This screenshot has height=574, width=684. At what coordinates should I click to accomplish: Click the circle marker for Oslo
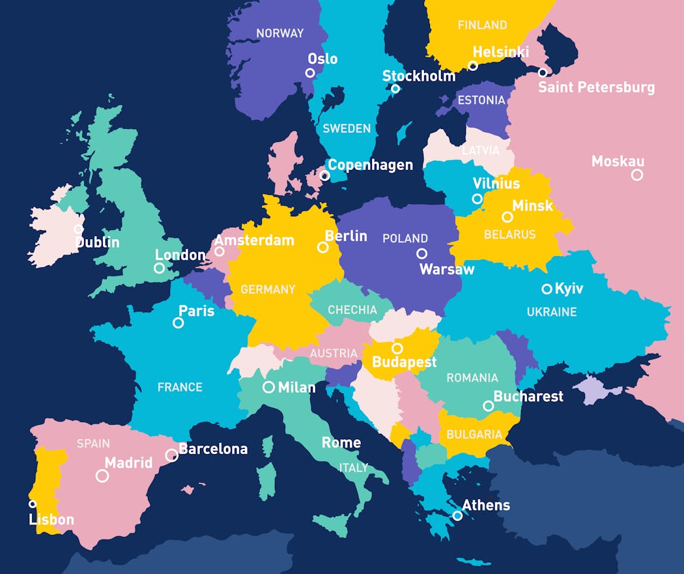coord(311,73)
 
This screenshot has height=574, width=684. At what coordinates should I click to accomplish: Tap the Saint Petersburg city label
coord(596,87)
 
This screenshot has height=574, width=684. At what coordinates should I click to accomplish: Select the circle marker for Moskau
coord(637,175)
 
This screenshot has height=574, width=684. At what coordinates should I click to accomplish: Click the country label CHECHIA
coord(352,310)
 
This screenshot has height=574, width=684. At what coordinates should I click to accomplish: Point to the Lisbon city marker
coord(33,504)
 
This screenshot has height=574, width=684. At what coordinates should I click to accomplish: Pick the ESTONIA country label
coord(481,100)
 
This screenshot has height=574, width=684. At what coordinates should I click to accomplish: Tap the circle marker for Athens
coord(457,515)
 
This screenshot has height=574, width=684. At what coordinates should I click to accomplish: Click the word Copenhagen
coord(370,165)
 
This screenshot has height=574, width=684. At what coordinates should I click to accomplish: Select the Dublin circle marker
coord(78,229)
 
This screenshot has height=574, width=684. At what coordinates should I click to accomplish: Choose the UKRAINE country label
coord(552,312)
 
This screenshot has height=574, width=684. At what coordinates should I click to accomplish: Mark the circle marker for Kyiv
coord(547,289)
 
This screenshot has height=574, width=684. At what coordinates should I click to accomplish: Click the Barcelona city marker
coord(171,455)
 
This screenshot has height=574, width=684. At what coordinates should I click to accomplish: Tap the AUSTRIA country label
coord(334,354)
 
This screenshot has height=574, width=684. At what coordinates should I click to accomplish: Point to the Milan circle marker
coord(268,387)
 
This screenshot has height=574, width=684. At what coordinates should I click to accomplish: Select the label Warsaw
coord(447,269)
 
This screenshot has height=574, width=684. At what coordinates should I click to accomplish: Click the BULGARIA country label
coord(475,435)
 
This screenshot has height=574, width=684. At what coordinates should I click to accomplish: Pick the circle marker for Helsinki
coord(473,66)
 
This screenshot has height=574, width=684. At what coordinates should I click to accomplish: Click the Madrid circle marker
coord(102,476)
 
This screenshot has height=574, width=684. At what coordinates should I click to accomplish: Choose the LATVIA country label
coord(481,151)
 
